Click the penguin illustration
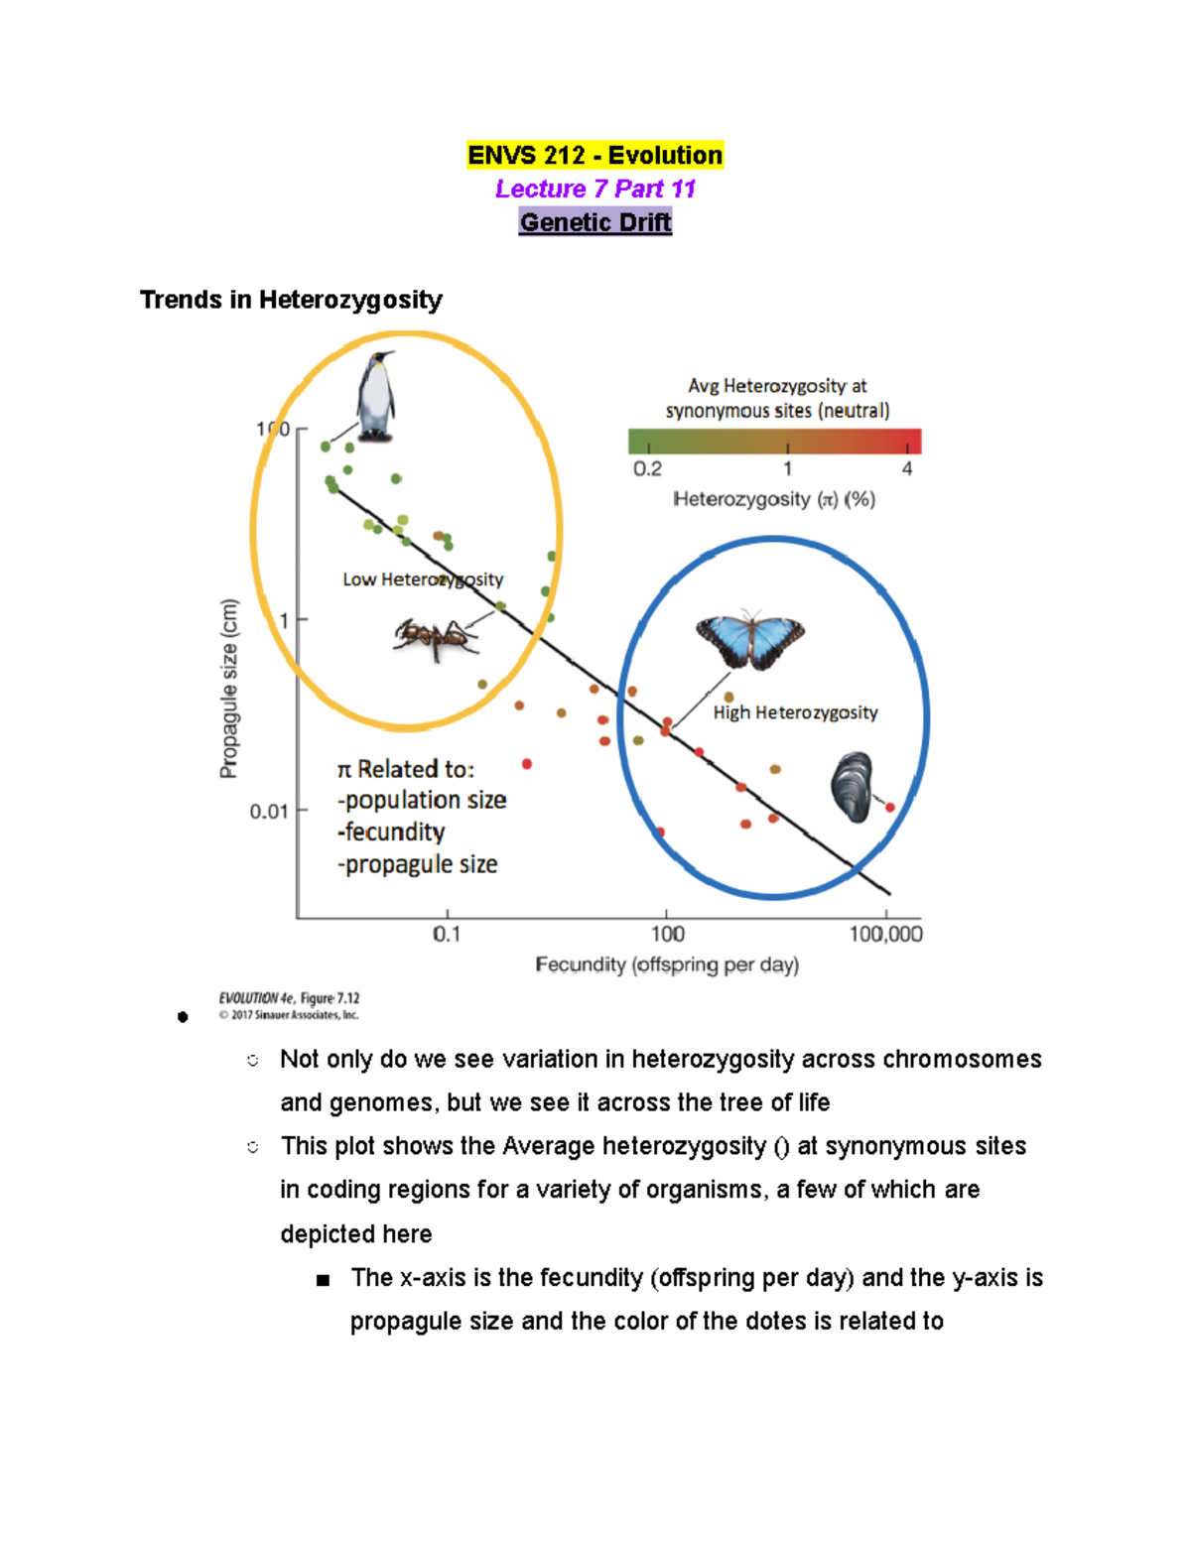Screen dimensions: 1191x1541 click(376, 397)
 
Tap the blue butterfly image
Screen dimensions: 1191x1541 click(749, 639)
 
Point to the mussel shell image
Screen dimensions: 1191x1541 click(852, 787)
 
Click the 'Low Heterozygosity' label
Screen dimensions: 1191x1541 click(423, 579)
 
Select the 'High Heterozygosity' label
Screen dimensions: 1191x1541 click(795, 712)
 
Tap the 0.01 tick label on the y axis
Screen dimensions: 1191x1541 click(268, 812)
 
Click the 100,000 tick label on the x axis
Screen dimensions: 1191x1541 click(885, 934)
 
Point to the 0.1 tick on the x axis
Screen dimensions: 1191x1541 click(447, 934)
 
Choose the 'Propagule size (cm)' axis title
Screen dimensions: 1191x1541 click(229, 689)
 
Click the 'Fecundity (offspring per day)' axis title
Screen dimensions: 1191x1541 click(667, 964)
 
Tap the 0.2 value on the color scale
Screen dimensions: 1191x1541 click(647, 468)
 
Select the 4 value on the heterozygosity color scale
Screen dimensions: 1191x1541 click(907, 468)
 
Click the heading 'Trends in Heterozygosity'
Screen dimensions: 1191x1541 click(291, 300)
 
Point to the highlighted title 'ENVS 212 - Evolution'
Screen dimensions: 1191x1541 click(595, 156)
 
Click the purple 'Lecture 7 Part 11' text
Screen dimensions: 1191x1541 click(595, 189)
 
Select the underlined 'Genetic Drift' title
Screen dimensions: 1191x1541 click(595, 222)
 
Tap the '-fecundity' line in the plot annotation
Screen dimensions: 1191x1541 click(391, 832)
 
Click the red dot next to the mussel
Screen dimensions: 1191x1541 click(890, 808)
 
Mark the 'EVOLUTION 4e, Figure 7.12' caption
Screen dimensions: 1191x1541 click(289, 998)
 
